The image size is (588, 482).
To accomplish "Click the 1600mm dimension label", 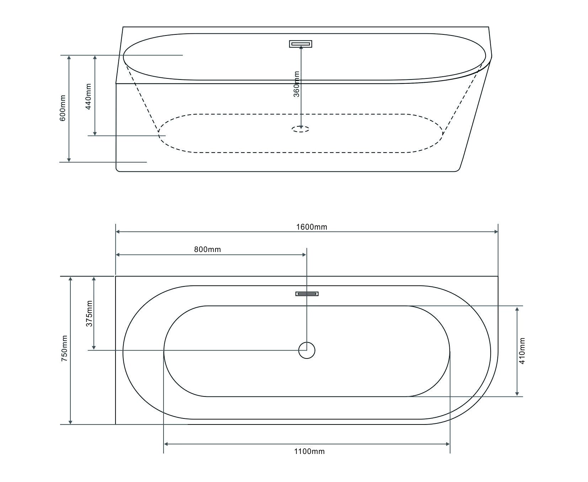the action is pyautogui.click(x=311, y=227).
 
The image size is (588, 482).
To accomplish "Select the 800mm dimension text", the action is pyautogui.click(x=207, y=250).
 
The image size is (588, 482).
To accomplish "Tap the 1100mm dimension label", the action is pyautogui.click(x=309, y=451).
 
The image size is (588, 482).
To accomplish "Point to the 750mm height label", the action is pyautogui.click(x=64, y=348).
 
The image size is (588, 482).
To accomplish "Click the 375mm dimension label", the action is pyautogui.click(x=89, y=313).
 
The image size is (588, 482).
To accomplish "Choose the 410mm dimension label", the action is pyautogui.click(x=522, y=351).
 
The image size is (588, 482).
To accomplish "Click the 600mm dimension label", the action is pyautogui.click(x=63, y=108).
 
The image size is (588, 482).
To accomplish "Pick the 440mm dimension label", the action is pyautogui.click(x=89, y=96).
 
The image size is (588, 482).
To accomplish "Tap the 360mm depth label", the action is pyautogui.click(x=297, y=84).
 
